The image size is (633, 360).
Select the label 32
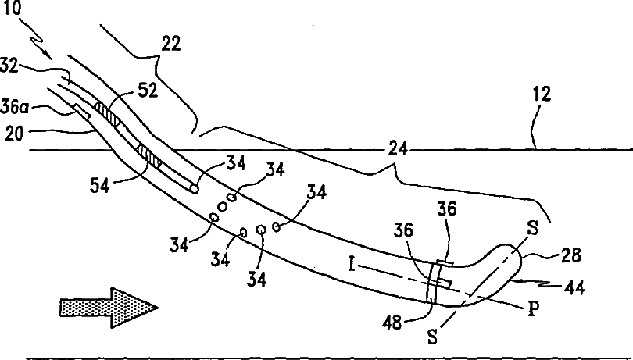tap(11, 67)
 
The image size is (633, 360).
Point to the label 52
tap(148, 91)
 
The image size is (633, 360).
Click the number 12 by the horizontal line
tap(542, 95)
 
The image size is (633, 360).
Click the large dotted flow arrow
tap(108, 307)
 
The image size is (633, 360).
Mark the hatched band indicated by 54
tap(149, 154)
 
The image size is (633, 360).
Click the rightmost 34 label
tap(316, 194)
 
